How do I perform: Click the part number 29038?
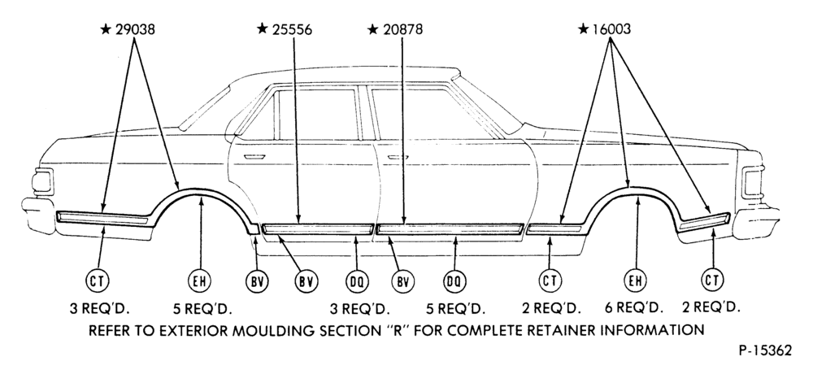(135, 29)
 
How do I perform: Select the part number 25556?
(292, 29)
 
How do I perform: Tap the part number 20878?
(403, 29)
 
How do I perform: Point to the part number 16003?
(611, 29)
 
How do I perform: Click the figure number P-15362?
(765, 350)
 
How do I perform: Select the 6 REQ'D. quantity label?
(634, 307)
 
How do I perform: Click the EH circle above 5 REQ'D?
(200, 281)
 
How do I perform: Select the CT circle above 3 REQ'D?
(97, 281)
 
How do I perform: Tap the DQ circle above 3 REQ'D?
(357, 281)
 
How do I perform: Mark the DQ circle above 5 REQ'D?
(454, 281)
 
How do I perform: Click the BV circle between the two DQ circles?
(403, 281)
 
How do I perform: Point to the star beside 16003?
(583, 29)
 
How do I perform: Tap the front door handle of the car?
(398, 157)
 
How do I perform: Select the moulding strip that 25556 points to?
(318, 229)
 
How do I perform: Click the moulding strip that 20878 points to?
(450, 229)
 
